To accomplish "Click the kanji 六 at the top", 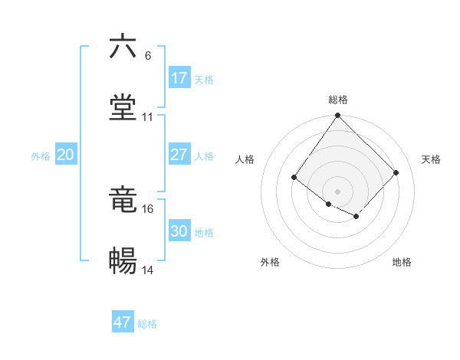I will (x=123, y=47).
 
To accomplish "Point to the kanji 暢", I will (x=123, y=261).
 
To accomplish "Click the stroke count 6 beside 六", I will (x=148, y=56).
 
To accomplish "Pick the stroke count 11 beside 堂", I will (x=148, y=117).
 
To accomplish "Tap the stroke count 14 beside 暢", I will (x=148, y=270).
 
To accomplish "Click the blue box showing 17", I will (x=179, y=78).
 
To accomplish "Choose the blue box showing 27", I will (x=179, y=155).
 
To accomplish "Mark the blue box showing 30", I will (x=179, y=231).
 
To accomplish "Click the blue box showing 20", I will (x=66, y=155).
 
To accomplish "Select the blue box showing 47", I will (x=123, y=322).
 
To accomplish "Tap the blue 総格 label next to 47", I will (x=147, y=324).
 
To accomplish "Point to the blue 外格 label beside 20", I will (x=41, y=156).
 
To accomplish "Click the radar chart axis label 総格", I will (x=338, y=100).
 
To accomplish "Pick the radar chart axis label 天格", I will (x=431, y=159).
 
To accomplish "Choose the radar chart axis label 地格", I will (x=402, y=262).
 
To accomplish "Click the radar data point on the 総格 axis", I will (x=337, y=116).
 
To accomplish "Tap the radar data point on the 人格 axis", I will (x=294, y=178).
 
